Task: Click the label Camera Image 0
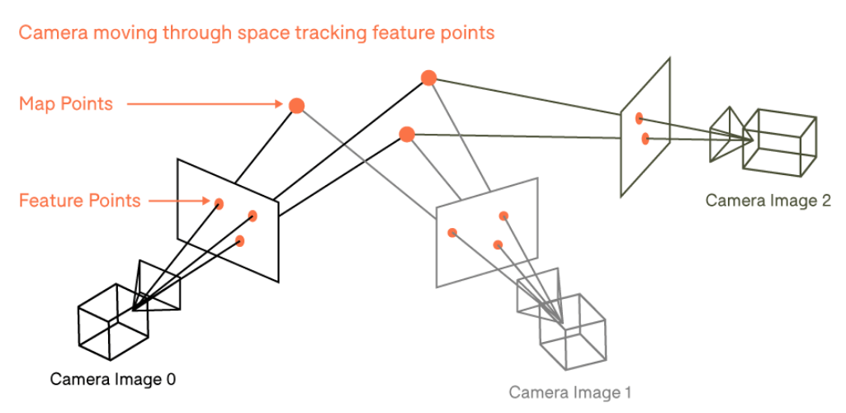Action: point(113,379)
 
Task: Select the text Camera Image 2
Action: point(768,200)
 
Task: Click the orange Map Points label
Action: point(66,104)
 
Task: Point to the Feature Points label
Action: point(79,200)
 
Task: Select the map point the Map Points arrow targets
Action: point(296,105)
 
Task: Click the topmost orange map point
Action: point(428,78)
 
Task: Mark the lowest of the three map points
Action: point(406,134)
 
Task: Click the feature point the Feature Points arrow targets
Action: point(219,203)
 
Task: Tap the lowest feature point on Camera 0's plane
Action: point(239,241)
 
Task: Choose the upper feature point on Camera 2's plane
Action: point(639,119)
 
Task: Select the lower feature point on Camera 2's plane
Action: point(645,138)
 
